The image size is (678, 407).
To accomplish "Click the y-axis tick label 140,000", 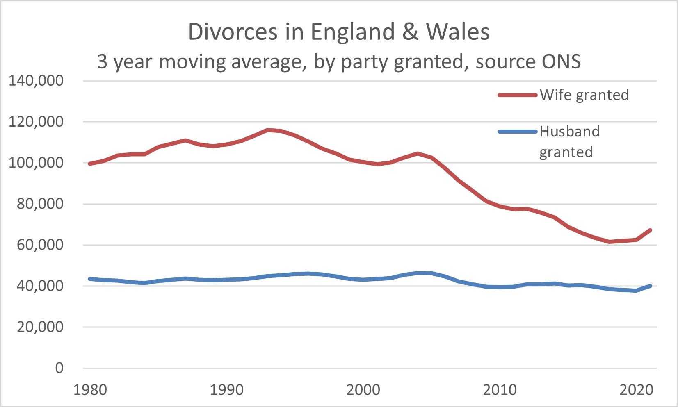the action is [x=36, y=81].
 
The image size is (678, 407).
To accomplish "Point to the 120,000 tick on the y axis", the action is [x=36, y=122].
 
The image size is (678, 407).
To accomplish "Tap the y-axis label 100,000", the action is [x=36, y=163].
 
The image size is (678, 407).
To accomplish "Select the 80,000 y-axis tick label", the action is [x=40, y=204].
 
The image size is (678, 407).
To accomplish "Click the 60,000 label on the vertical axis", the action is [x=40, y=245].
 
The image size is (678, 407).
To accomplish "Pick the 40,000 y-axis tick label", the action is [x=40, y=286].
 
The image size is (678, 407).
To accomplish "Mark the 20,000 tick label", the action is [x=40, y=327].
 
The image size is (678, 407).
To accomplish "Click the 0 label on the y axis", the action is [x=59, y=368].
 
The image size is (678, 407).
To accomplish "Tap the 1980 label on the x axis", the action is [x=90, y=390].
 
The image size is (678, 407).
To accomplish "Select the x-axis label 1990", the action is [x=227, y=390].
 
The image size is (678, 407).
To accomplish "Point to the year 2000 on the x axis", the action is [x=363, y=390].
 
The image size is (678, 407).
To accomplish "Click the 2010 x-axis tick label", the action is [x=500, y=390].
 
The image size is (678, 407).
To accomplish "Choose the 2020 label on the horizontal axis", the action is [x=636, y=390].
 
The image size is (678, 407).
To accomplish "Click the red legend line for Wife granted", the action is [x=518, y=95].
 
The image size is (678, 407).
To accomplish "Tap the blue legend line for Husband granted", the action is [x=518, y=132].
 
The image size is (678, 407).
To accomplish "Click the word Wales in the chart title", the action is [x=458, y=32].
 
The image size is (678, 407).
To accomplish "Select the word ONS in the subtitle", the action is [x=561, y=61].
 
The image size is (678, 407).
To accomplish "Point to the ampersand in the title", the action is [x=410, y=32].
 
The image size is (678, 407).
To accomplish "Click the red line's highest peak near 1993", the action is [x=268, y=130].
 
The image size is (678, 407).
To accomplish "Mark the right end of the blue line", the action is [x=650, y=286].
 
